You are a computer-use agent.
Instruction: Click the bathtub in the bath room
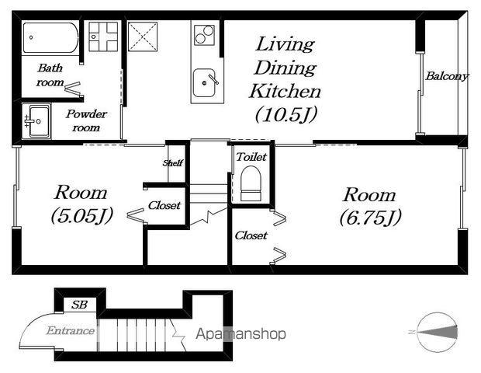[x=50, y=38]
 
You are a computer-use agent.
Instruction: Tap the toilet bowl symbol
[x=251, y=183]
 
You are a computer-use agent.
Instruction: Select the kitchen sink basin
[x=204, y=82]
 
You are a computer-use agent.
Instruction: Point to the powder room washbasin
[x=36, y=121]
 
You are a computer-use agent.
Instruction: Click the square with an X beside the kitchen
[x=143, y=37]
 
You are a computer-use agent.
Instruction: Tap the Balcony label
[x=447, y=76]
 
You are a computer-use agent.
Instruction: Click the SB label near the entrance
[x=79, y=305]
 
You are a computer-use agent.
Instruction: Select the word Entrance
[x=71, y=330]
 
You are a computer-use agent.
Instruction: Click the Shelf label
[x=173, y=163]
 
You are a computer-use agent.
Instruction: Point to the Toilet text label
[x=251, y=157]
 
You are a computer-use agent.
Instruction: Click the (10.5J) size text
[x=286, y=114]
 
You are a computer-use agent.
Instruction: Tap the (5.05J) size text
[x=82, y=215]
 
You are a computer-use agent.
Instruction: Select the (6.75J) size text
[x=370, y=218]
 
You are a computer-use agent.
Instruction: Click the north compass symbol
[x=437, y=332]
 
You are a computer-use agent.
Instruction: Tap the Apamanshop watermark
[x=240, y=333]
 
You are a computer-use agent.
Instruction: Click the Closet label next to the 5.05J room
[x=164, y=205]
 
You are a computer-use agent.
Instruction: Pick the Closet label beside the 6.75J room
[x=251, y=235]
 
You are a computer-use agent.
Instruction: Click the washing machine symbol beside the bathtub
[x=103, y=37]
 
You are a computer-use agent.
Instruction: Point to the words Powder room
[x=86, y=120]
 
